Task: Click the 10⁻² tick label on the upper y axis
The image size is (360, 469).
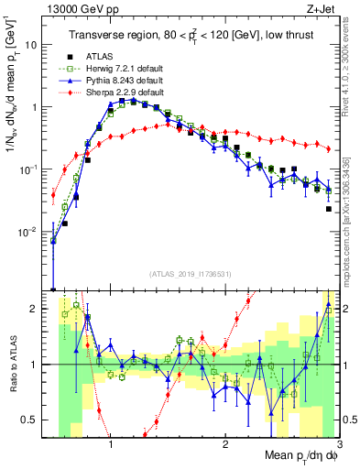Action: [27, 231]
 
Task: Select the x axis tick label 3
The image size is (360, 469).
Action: [339, 443]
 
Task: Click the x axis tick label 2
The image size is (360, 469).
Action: [225, 443]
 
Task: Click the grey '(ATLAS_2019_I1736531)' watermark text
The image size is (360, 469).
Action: [190, 275]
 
